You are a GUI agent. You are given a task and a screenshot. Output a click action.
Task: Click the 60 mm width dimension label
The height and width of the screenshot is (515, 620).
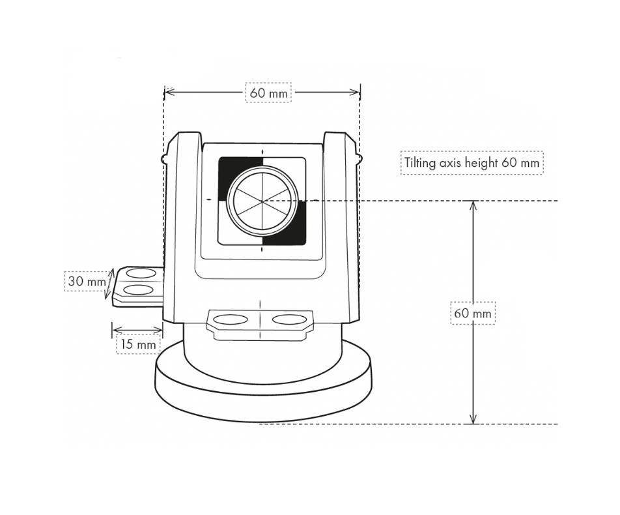coord(268,93)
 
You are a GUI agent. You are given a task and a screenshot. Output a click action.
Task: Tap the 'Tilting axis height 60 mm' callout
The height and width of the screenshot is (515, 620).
coord(472,162)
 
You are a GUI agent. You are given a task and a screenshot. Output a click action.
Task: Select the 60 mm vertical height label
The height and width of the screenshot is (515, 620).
coord(473,314)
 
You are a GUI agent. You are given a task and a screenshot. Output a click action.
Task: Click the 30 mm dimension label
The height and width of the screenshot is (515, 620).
coord(85,282)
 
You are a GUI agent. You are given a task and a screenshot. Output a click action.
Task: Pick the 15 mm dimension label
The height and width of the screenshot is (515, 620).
coord(137,343)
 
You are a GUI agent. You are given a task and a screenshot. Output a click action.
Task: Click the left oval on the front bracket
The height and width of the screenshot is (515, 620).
coord(231,319)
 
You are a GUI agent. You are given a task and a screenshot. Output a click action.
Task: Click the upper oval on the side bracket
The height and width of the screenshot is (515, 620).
coord(141,273)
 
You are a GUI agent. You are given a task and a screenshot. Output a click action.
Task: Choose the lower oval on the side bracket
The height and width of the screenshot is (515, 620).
coord(139,289)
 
